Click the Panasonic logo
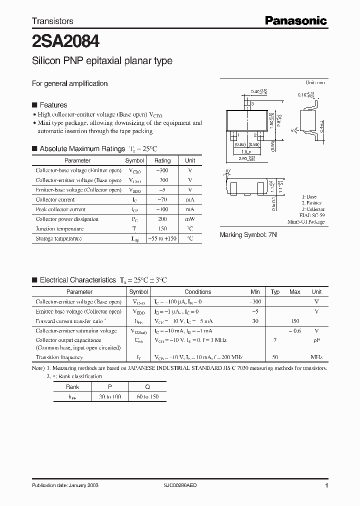[x=295, y=20]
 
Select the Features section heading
[x=53, y=105]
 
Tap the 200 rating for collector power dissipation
[x=162, y=219]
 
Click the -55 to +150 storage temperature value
[x=162, y=238]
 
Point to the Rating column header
[x=162, y=160]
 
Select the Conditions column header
[x=197, y=292]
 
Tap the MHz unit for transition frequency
[x=316, y=357]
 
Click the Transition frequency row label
[x=59, y=357]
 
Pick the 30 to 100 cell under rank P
[x=110, y=396]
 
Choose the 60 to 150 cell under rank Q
[x=147, y=396]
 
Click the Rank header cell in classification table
[x=72, y=387]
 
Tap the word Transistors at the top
[x=52, y=21]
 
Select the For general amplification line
[x=70, y=83]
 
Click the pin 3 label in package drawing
[x=253, y=103]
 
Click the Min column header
[x=255, y=292]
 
